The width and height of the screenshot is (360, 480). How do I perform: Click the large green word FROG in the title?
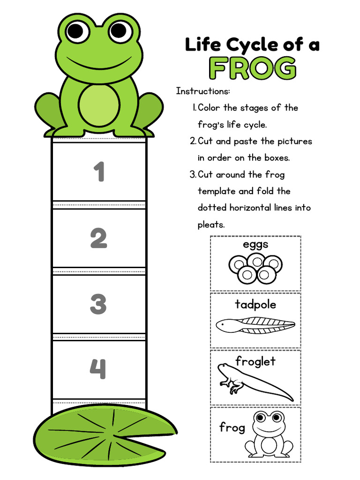click(x=253, y=68)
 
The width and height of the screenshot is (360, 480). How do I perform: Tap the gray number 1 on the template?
click(x=99, y=172)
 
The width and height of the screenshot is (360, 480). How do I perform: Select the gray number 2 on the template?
click(x=98, y=239)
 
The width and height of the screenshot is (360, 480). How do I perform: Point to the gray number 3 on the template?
click(x=98, y=304)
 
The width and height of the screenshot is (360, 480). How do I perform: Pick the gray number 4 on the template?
click(x=98, y=369)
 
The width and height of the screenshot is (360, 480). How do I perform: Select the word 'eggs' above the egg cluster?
click(x=255, y=245)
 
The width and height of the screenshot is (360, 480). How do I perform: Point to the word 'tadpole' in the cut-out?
click(x=255, y=305)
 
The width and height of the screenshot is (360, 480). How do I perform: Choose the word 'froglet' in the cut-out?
click(x=255, y=361)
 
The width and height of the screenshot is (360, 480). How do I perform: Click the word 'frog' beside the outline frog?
click(x=232, y=427)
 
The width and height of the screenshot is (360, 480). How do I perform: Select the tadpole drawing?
click(x=255, y=325)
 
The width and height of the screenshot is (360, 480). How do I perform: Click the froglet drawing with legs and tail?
click(x=253, y=382)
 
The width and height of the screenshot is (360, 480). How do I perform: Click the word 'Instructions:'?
click(x=203, y=91)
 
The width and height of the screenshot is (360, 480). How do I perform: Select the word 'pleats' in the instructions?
click(x=211, y=225)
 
